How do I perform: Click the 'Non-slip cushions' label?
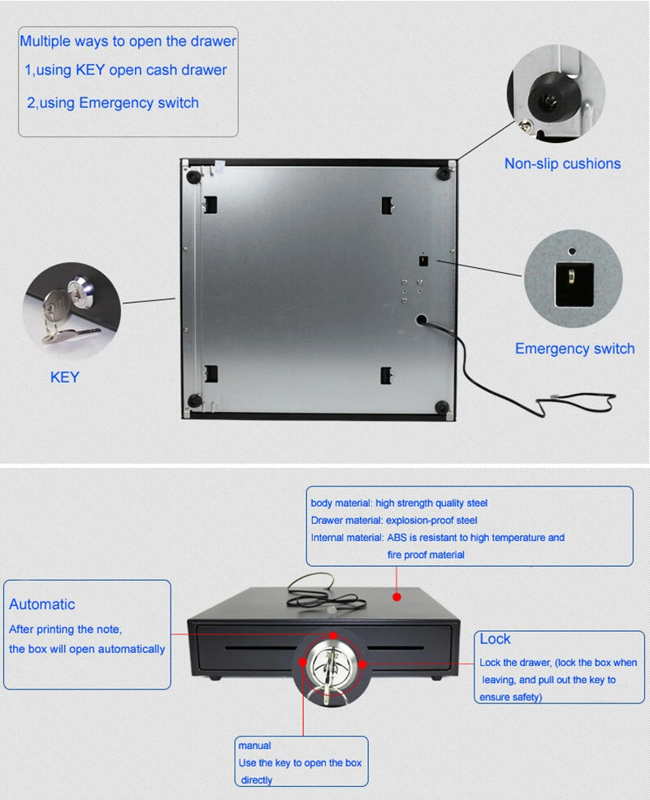(x=562, y=164)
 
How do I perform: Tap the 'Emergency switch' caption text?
(x=574, y=349)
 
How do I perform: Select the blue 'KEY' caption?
(x=65, y=378)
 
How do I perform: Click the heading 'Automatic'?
(x=42, y=604)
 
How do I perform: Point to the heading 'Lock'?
(x=495, y=639)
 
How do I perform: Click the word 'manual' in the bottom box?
(x=254, y=745)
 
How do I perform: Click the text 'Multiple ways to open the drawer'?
(x=128, y=41)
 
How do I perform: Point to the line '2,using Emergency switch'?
(x=112, y=103)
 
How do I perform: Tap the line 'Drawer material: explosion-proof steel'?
(x=394, y=521)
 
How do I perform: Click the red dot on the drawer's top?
(x=397, y=597)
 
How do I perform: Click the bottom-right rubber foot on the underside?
(x=444, y=405)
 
